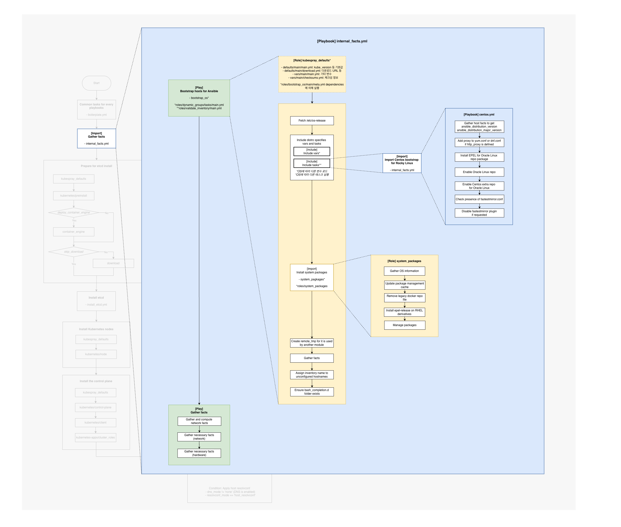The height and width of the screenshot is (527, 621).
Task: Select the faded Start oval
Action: click(x=96, y=83)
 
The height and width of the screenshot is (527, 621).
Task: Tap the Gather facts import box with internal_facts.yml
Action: click(x=96, y=138)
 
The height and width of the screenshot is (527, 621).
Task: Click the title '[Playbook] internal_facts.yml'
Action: click(x=342, y=41)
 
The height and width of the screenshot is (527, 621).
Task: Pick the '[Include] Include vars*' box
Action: click(x=312, y=151)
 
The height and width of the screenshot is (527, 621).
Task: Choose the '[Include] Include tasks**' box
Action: click(x=312, y=163)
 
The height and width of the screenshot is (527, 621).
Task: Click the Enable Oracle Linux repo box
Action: click(x=479, y=172)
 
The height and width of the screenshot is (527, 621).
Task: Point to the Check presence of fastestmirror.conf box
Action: click(x=479, y=199)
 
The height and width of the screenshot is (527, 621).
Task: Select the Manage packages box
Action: click(x=404, y=325)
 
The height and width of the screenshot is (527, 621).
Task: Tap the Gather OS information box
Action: click(x=404, y=271)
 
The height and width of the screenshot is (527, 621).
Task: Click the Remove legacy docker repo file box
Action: click(x=404, y=298)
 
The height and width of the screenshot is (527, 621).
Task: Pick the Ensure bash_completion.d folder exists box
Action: click(x=312, y=392)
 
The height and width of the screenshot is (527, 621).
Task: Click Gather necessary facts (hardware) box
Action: click(x=199, y=453)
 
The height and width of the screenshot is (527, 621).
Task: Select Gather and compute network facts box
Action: click(x=199, y=421)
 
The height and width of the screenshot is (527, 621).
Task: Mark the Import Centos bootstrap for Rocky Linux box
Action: click(x=402, y=163)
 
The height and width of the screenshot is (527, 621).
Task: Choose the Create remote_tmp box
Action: click(x=312, y=343)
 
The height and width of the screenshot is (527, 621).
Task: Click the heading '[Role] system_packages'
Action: click(x=404, y=261)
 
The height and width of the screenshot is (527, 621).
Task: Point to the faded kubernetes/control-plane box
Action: click(x=95, y=407)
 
